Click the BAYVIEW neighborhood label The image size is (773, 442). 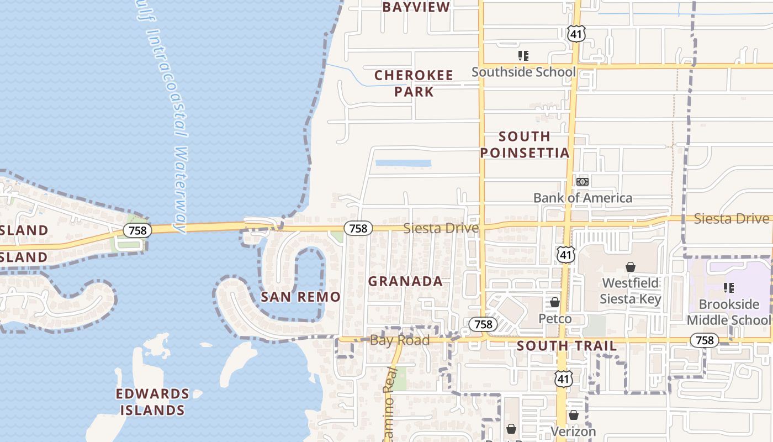416,7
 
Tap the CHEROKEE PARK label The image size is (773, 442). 414,83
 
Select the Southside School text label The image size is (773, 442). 523,72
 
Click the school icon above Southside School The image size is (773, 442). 523,56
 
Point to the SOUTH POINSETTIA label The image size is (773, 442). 524,145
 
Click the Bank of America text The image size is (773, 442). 583,198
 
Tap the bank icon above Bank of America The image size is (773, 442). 583,182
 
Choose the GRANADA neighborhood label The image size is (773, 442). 405,281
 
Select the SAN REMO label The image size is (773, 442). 300,297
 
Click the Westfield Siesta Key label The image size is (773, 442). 630,291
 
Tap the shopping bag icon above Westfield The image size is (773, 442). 630,267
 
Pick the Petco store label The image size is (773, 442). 555,319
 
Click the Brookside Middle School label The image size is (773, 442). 729,312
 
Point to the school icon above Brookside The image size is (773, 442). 729,288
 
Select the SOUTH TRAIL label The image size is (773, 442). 566,346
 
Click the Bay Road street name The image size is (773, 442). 399,340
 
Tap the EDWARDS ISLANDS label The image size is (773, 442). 152,402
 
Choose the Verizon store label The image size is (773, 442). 573,431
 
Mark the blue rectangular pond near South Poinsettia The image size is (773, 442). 403,164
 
